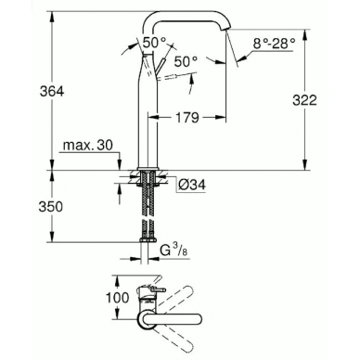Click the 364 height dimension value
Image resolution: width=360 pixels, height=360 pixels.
coord(52,91)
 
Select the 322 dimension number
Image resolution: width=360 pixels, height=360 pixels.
coord(304,100)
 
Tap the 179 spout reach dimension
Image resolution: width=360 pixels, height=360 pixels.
coord(186,118)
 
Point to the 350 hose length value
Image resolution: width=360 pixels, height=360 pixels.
coord(50,207)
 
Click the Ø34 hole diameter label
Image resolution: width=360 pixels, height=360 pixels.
coord(192,185)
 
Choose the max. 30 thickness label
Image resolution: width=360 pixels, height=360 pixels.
coord(88,145)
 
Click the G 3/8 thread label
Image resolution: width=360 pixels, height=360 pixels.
coord(174,250)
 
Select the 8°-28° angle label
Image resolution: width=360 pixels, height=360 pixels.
coord(274,44)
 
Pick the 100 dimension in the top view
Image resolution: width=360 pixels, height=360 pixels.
coord(117,298)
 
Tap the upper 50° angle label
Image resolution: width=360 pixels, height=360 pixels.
coord(154,43)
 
